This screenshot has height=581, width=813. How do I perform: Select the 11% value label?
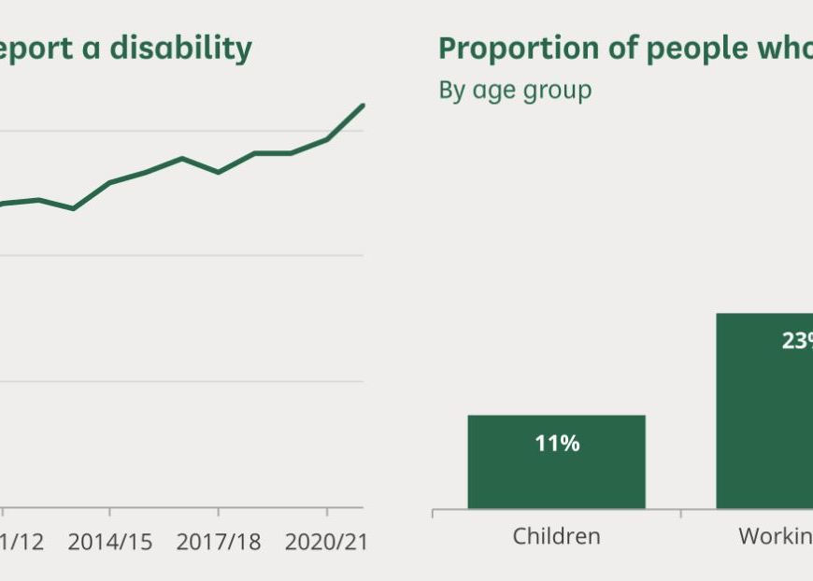click(557, 444)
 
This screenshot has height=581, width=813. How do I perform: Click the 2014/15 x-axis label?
click(110, 541)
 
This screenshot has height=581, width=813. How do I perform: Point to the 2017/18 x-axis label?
click(218, 541)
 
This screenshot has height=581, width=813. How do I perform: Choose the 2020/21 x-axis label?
click(325, 541)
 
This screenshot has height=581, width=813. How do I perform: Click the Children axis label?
click(556, 536)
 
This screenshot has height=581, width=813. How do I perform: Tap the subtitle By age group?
click(515, 91)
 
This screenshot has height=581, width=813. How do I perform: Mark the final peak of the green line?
click(363, 105)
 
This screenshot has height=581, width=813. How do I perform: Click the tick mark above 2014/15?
click(110, 513)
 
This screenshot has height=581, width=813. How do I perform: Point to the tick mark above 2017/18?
click(218, 513)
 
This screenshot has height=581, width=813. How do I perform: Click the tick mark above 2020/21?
click(326, 513)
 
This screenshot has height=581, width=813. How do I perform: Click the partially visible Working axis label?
click(776, 536)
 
